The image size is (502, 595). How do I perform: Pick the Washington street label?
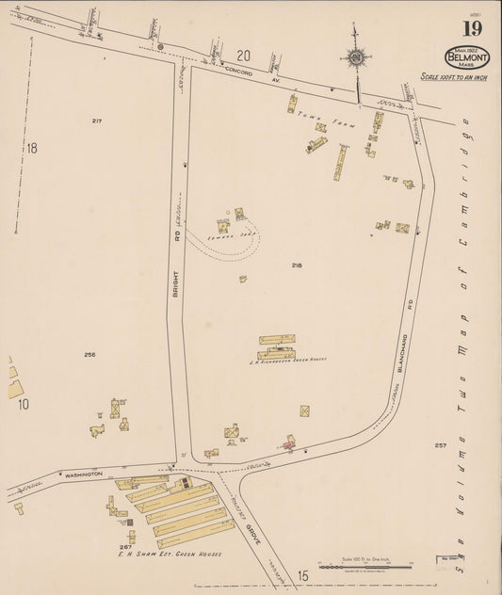(x=84, y=474)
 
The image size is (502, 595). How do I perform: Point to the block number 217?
(x=97, y=121)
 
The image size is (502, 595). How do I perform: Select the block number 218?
(x=297, y=265)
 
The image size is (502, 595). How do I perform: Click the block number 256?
(x=89, y=354)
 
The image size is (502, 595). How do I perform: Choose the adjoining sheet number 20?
(x=244, y=55)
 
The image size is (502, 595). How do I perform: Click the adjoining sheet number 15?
(x=302, y=575)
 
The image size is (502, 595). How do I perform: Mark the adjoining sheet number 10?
(x=24, y=404)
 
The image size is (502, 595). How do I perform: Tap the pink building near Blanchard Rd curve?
(x=290, y=442)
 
